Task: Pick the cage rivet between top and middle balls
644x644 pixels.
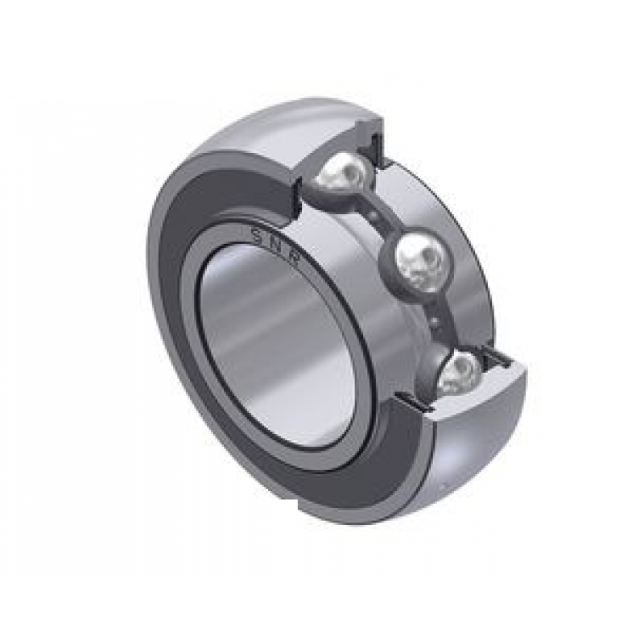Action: (x=378, y=216)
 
